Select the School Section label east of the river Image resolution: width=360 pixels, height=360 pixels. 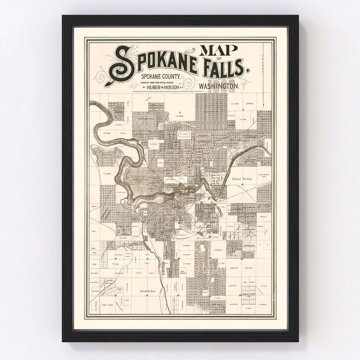tap(242, 178)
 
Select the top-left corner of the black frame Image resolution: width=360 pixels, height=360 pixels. tap(63, 16)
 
